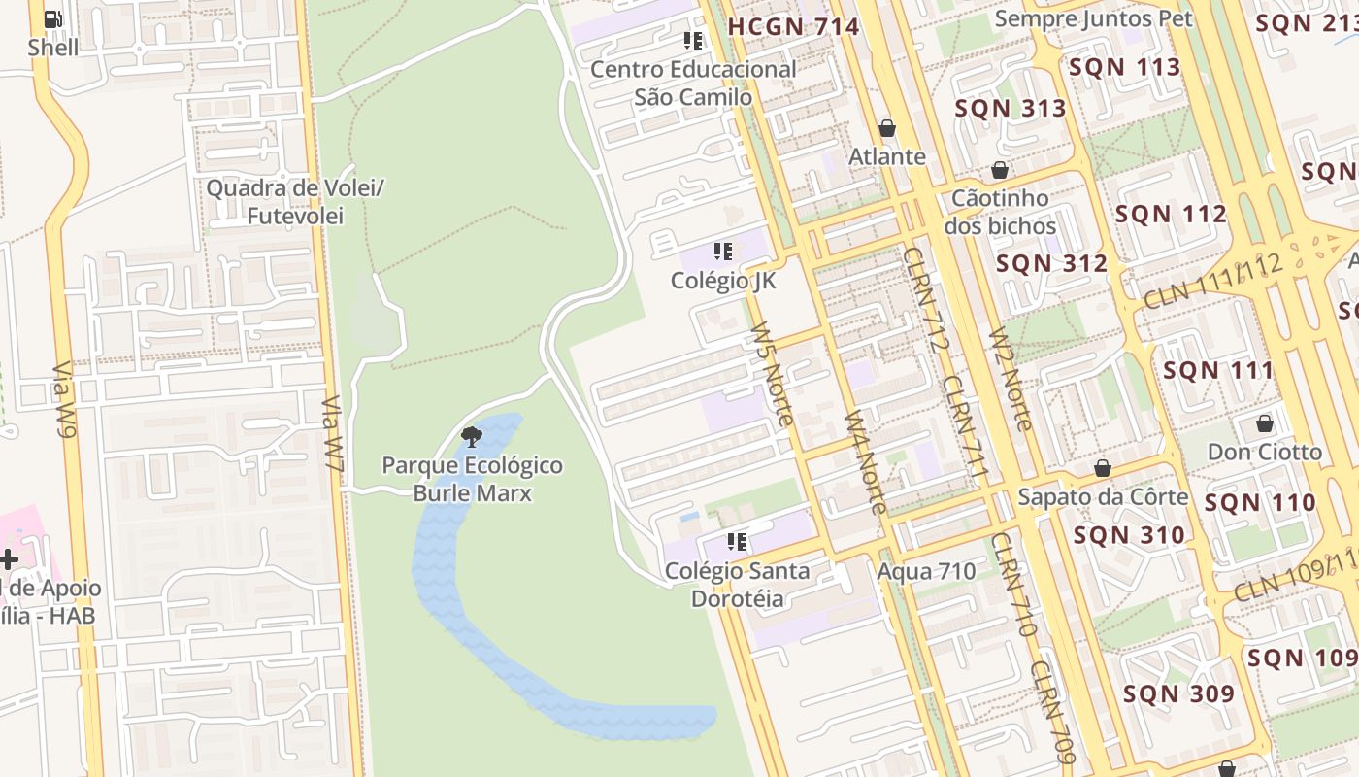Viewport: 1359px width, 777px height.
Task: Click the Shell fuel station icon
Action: coord(53,18)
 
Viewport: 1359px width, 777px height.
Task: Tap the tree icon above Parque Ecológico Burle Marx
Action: coord(472,436)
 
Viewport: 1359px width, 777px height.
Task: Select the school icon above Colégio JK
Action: coord(723,252)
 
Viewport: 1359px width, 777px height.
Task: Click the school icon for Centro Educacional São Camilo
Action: coord(693,40)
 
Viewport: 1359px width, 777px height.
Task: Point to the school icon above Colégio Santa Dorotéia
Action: coord(737,542)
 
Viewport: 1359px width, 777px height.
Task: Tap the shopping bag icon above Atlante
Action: coord(886,128)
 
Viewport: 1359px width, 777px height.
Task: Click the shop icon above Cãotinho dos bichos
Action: coord(1000,171)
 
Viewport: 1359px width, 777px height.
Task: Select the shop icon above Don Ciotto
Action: coord(1264,423)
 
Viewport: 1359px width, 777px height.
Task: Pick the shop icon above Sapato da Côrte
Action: coord(1103,469)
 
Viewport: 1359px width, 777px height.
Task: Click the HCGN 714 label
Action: coord(793,26)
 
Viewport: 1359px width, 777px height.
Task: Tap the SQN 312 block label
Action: coord(1051,263)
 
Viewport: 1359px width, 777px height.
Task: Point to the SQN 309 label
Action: coord(1178,693)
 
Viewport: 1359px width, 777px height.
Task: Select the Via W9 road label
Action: coord(64,399)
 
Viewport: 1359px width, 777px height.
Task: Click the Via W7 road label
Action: coord(334,433)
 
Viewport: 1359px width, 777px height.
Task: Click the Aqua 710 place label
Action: coord(926,571)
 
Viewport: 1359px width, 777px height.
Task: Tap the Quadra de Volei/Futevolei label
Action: coord(295,201)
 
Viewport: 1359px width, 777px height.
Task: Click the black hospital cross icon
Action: coord(9,559)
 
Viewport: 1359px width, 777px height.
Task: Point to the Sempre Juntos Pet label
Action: coord(1094,18)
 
